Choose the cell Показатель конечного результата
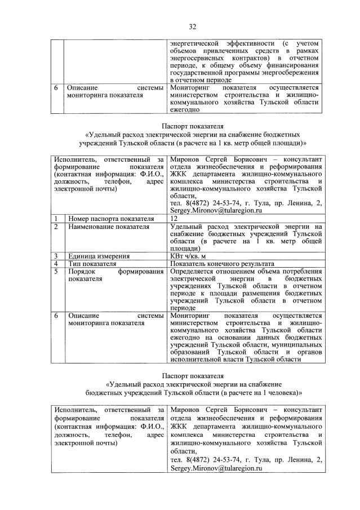coord(221,263)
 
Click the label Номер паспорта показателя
coord(103,218)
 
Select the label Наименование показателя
coord(101,227)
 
